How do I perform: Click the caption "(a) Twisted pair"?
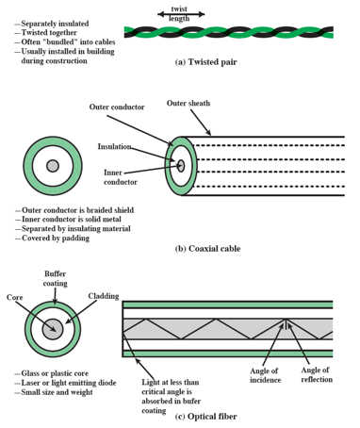pos(205,62)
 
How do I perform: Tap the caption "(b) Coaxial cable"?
pos(207,249)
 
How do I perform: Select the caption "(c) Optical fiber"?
pos(205,417)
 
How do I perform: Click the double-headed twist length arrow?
pos(181,14)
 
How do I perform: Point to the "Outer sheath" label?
pos(188,103)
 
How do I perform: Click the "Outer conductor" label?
pos(117,107)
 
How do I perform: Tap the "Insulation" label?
pos(114,146)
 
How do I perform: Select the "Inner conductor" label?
pos(121,177)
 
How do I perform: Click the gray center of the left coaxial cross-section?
pos(53,166)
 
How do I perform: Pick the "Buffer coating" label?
pos(56,278)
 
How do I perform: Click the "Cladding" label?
pos(104,296)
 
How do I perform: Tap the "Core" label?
pos(15,297)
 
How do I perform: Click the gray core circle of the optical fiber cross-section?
pos(53,329)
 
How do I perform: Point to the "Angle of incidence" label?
pos(265,375)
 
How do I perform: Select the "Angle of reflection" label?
pos(317,374)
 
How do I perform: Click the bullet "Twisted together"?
pos(46,33)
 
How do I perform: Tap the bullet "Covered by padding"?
pos(52,239)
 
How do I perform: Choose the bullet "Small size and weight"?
pos(54,392)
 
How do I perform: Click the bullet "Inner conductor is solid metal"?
pos(68,219)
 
